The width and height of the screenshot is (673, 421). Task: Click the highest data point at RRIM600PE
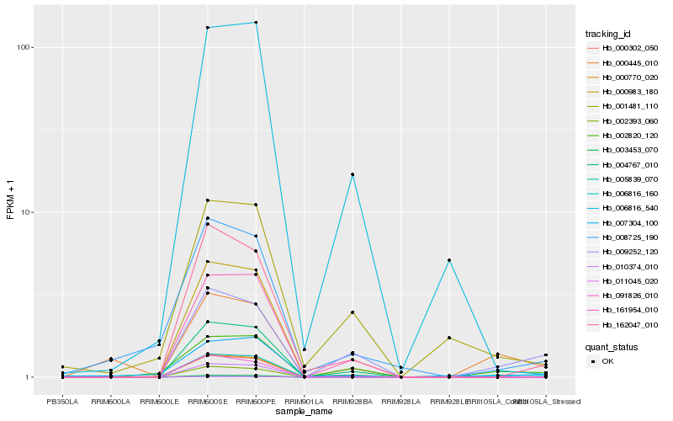click(256, 23)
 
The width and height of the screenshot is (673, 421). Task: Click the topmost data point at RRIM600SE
click(207, 28)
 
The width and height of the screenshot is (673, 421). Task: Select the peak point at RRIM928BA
click(352, 174)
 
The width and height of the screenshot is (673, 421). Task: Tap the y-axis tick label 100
click(25, 47)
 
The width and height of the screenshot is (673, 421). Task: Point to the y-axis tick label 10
click(27, 212)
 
